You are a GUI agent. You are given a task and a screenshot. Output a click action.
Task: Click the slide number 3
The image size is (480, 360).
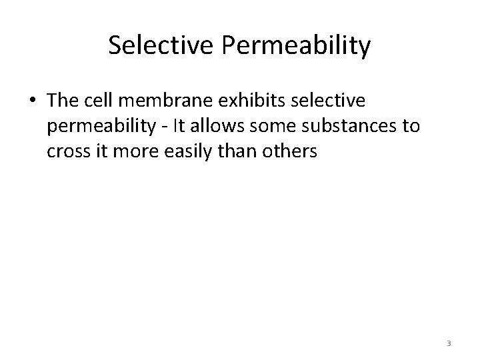449,343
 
